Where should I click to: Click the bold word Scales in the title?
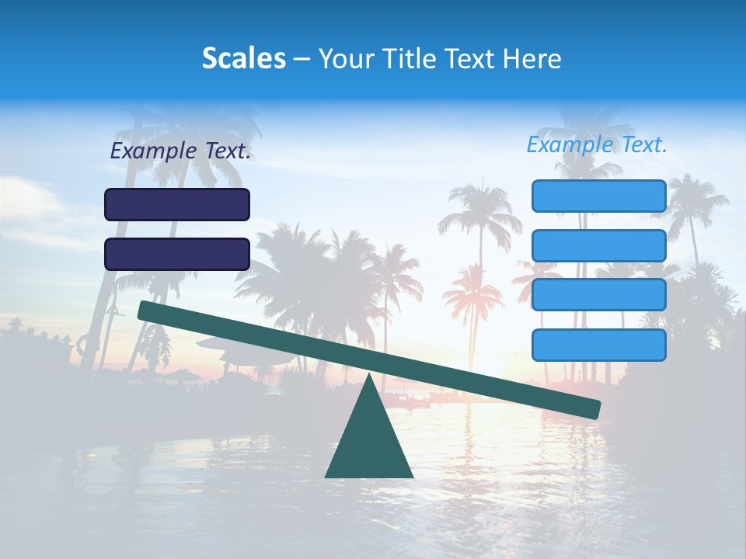pos(243,58)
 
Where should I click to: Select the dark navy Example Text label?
pos(180,151)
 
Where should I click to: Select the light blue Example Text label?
pos(597,144)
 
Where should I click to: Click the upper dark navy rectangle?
pos(177,204)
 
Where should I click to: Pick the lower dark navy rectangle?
pos(177,254)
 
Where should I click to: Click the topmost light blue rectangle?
pos(598,196)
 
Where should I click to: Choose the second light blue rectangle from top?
pos(598,245)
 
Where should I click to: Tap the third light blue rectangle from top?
pos(598,295)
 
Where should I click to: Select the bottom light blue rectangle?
pos(598,345)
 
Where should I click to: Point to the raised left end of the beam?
pos(145,310)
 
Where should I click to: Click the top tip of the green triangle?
pos(368,378)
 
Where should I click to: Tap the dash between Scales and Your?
pos(302,59)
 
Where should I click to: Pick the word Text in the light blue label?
pos(643,144)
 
